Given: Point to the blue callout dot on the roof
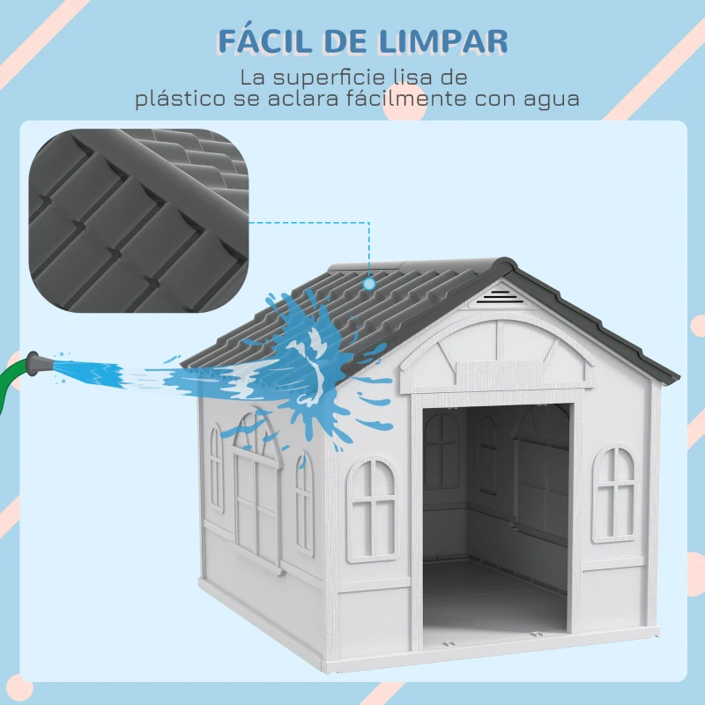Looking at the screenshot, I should pos(369,284).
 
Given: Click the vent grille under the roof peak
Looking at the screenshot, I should pos(500,295).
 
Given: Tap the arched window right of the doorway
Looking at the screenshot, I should pos(614,493).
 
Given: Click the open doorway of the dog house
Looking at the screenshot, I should pos(493,520).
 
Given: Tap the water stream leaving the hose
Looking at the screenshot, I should pos(115,370).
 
